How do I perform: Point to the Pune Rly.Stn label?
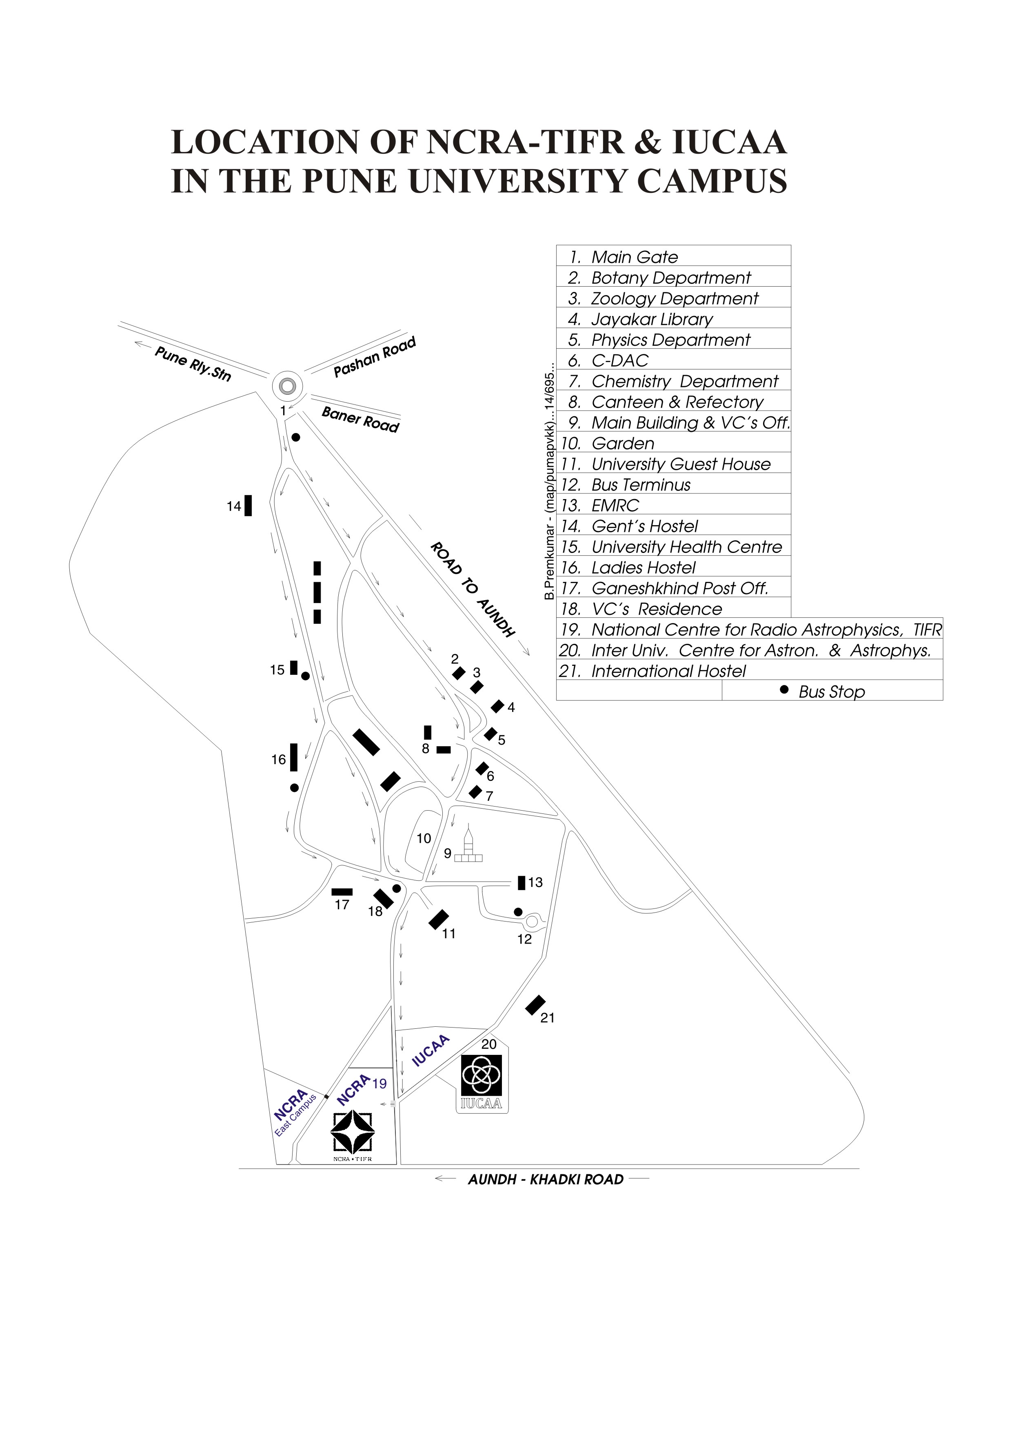point(193,364)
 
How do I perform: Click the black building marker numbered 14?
point(248,505)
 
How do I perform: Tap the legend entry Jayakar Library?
point(651,320)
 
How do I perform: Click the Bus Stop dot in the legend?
point(785,690)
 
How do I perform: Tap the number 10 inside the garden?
point(424,838)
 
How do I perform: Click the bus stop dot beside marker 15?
point(305,676)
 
